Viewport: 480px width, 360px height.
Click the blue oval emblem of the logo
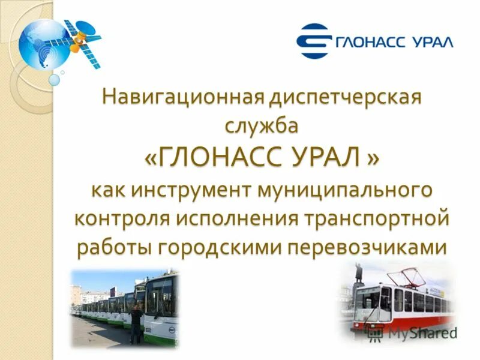pyautogui.click(x=315, y=41)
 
